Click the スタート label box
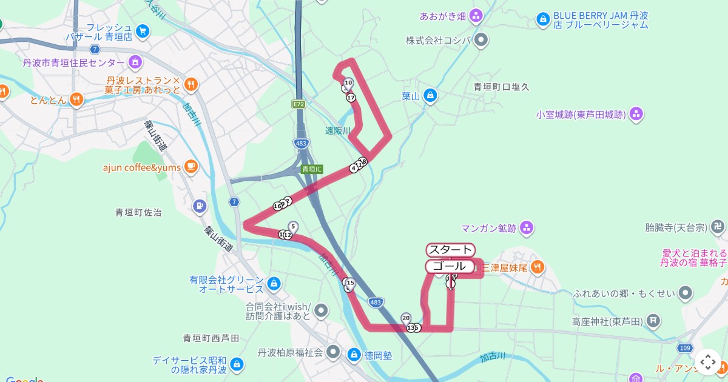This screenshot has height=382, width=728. pos(450,250)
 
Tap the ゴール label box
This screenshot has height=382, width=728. pos(450,266)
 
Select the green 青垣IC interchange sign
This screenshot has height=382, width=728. pos(312,169)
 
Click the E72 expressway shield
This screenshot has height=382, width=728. pos(298,104)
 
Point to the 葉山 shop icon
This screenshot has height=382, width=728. pos(430,95)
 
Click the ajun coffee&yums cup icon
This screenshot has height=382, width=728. pos(190,166)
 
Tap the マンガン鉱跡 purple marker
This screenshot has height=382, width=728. pos(527,228)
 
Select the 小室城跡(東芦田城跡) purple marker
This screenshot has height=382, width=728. pos(636,113)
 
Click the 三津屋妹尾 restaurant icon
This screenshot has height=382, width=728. pos(538,267)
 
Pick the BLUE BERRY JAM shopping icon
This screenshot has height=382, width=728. pos(542,20)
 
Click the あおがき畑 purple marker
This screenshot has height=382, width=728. pos(476,15)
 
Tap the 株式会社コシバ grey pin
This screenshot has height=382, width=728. pos(481,41)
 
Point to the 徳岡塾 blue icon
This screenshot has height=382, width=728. pos(353,354)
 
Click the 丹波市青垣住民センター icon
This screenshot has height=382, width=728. pos(135,62)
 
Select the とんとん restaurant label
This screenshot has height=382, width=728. pos(48,100)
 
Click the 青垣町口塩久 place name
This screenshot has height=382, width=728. pos(501,87)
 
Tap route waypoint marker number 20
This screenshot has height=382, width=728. pos(406,318)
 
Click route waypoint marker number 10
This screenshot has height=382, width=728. pos(348,82)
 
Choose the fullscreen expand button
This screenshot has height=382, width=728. pos(707,362)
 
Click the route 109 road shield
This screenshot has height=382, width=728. pos(685,348)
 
